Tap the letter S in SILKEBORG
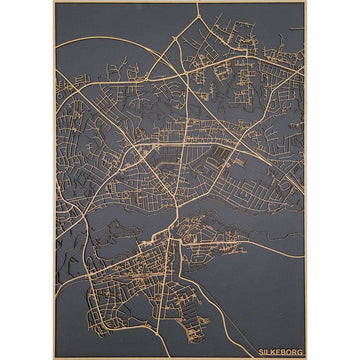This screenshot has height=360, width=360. point(261,352)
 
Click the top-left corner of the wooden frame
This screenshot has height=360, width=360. point(53,2)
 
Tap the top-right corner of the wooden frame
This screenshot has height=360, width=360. point(306,2)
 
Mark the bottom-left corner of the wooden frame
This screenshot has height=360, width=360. point(53,358)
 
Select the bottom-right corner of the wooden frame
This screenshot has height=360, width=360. point(306,358)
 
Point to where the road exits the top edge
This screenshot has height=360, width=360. point(197,4)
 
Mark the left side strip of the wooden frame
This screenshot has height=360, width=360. point(54,180)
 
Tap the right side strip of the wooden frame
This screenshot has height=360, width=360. point(306,180)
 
